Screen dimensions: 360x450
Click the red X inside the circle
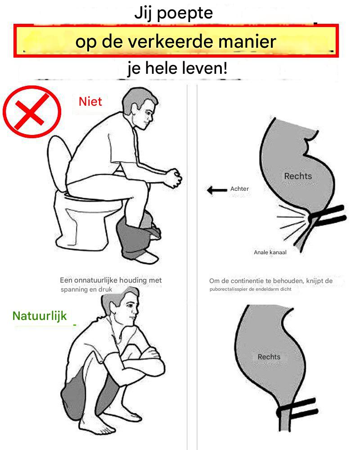coord(31,112)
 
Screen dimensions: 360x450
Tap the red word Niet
coord(90,102)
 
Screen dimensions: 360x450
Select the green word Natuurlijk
coord(40,316)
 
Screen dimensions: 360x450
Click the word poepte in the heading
coord(185,13)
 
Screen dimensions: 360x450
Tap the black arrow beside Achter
coord(217,190)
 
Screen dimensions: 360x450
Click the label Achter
coord(239,189)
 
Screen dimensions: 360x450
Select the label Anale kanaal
coord(270,252)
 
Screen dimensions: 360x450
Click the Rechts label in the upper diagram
coord(298,176)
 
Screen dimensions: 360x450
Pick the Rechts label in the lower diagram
coord(269,357)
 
